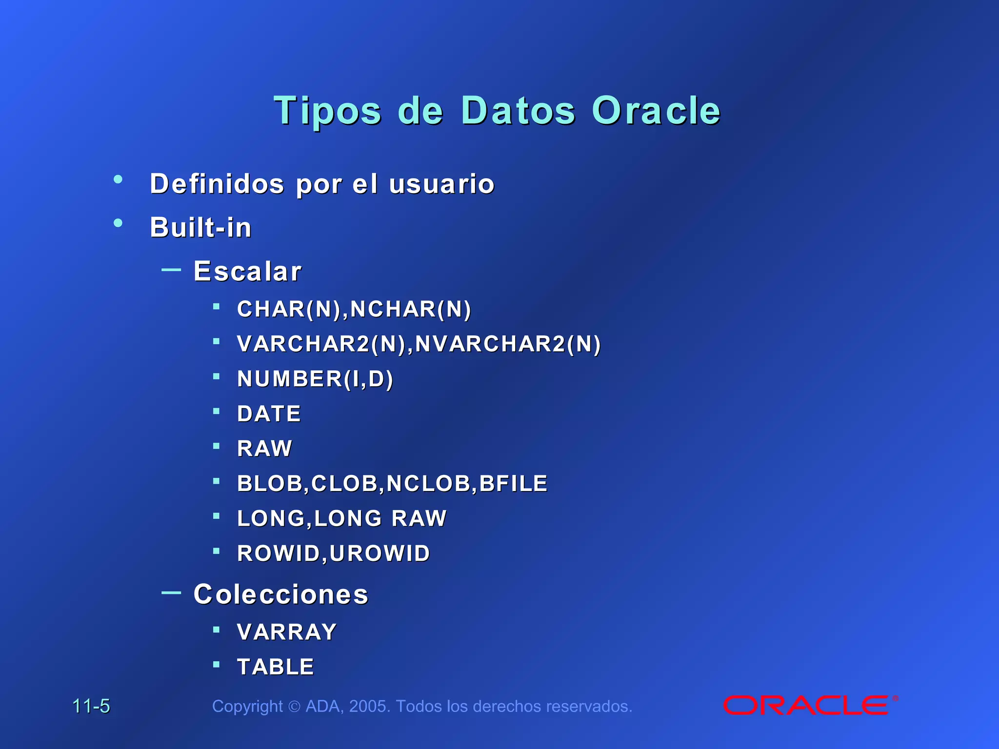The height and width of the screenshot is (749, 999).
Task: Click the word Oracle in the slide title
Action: [x=656, y=111]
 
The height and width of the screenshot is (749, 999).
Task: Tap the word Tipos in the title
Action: [x=327, y=111]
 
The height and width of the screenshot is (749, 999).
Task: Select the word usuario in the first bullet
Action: [x=441, y=184]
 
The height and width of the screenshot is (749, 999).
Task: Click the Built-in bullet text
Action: [x=200, y=227]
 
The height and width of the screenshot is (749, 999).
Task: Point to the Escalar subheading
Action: [x=247, y=271]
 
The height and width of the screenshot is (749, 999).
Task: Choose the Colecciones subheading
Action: [x=280, y=594]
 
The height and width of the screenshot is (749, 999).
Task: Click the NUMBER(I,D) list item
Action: [x=315, y=379]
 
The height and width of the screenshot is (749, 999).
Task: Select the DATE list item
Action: [x=269, y=414]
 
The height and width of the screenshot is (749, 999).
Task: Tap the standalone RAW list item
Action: [x=264, y=449]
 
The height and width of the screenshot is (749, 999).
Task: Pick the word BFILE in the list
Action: [x=513, y=484]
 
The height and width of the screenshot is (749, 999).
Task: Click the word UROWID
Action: [x=380, y=553]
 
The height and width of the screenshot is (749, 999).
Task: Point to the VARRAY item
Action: [x=287, y=632]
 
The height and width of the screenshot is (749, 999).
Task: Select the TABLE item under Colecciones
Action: [x=275, y=667]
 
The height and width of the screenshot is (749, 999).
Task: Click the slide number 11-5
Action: [x=91, y=706]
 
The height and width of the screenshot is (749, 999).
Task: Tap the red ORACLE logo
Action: [x=806, y=706]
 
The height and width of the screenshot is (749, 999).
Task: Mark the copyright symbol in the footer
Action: [x=294, y=707]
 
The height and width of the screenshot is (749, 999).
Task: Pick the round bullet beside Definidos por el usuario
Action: [x=118, y=179]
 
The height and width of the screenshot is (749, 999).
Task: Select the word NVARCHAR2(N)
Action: [x=508, y=344]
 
